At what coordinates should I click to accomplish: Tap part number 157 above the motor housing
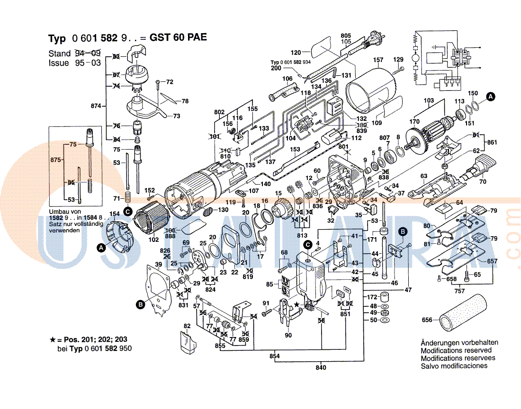[378, 60]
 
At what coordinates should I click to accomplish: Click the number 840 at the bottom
[321, 368]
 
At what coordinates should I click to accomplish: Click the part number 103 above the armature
[428, 100]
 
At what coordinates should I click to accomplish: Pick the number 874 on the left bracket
[96, 106]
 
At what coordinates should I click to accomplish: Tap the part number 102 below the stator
[154, 240]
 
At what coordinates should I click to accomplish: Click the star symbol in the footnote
[53, 340]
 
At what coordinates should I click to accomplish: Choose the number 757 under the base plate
[459, 291]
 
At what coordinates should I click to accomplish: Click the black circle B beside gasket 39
[141, 305]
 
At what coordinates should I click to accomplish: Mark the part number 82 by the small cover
[187, 326]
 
